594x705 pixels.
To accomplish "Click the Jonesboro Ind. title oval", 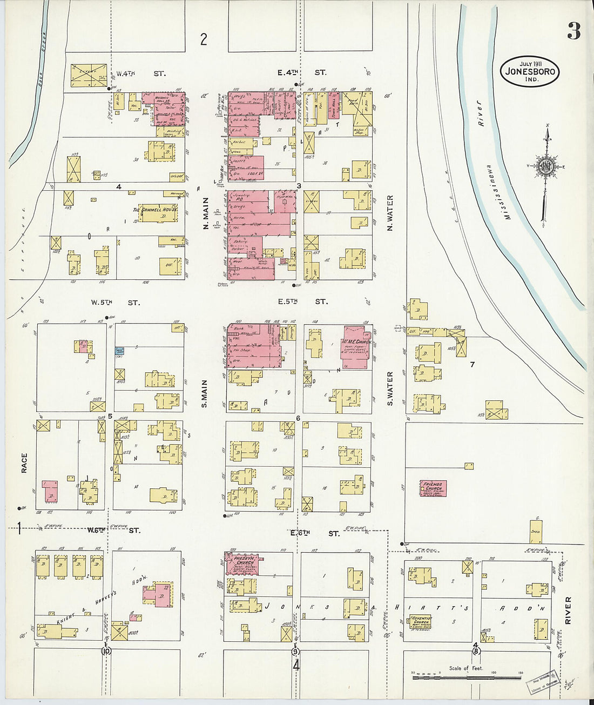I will [x=530, y=71].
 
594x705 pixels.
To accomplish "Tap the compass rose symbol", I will [x=546, y=165].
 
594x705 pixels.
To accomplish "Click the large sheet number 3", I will [x=573, y=32].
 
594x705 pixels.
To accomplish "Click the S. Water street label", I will [x=390, y=388].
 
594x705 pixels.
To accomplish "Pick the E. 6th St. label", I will [x=315, y=533].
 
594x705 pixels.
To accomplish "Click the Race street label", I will [x=24, y=463].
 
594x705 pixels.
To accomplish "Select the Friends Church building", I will [x=433, y=488].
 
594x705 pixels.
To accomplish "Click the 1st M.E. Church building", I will [x=355, y=346].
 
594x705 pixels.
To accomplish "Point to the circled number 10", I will [x=105, y=652].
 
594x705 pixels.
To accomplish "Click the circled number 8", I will [x=476, y=651].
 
